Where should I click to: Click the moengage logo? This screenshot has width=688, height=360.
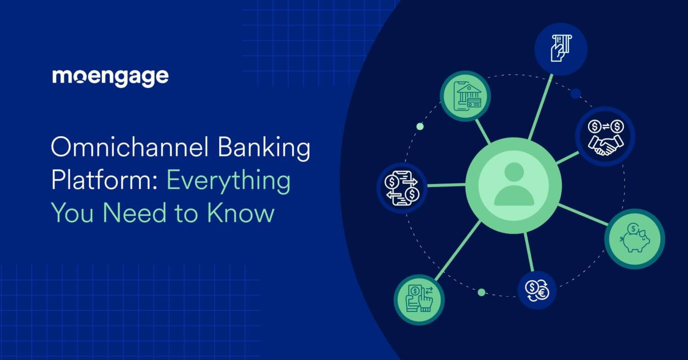point(110,77)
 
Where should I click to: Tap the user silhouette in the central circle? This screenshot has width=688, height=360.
point(514,184)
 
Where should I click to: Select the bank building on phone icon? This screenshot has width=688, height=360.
point(465,97)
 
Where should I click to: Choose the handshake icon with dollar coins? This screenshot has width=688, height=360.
point(605,136)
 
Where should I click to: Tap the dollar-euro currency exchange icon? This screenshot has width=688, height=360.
point(537,290)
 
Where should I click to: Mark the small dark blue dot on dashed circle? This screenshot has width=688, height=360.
point(576,94)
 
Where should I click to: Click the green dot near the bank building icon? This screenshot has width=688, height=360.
point(420,127)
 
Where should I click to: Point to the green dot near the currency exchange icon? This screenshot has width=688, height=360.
point(482,292)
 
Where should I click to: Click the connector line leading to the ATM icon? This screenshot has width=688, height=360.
point(540,107)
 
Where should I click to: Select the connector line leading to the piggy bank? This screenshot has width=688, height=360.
point(583,215)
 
